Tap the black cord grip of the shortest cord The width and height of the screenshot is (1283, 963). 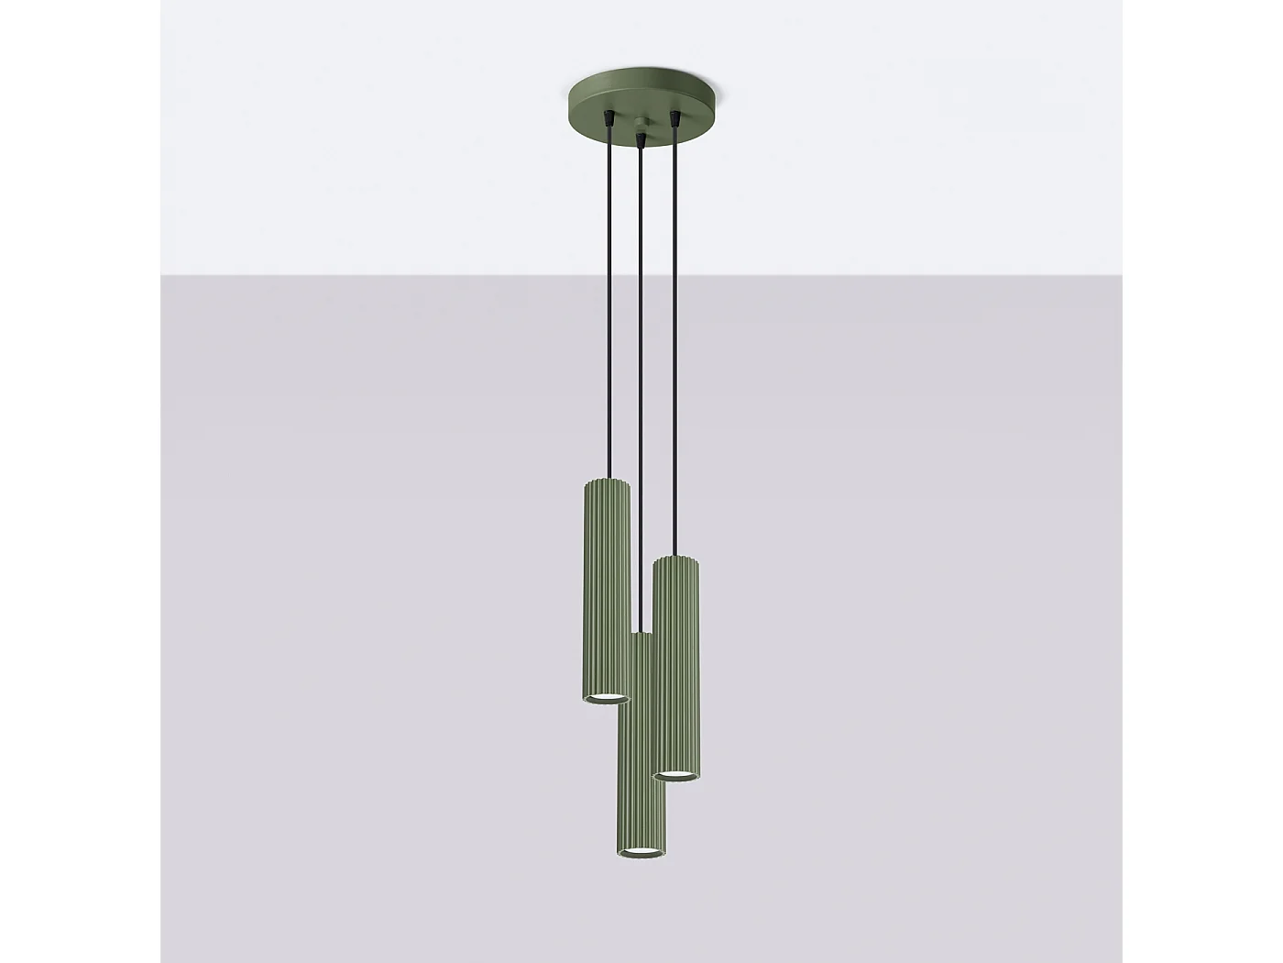[x=609, y=118]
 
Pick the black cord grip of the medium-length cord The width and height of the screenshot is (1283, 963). [x=676, y=118]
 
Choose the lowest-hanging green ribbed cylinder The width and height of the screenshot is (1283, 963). [x=640, y=752]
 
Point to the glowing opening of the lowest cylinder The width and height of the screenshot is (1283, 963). [x=641, y=852]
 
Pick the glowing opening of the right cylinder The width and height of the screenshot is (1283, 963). [x=677, y=776]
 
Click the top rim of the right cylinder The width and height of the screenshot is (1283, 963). [x=677, y=559]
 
